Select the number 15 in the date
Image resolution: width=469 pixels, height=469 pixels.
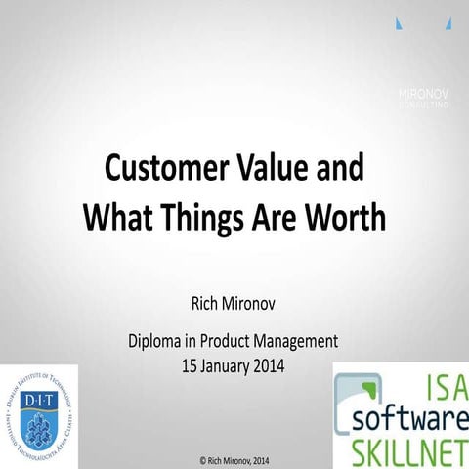pyautogui.click(x=191, y=366)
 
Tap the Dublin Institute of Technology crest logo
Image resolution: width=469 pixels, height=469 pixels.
pyautogui.click(x=39, y=416)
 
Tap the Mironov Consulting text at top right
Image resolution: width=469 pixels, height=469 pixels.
pyautogui.click(x=422, y=96)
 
